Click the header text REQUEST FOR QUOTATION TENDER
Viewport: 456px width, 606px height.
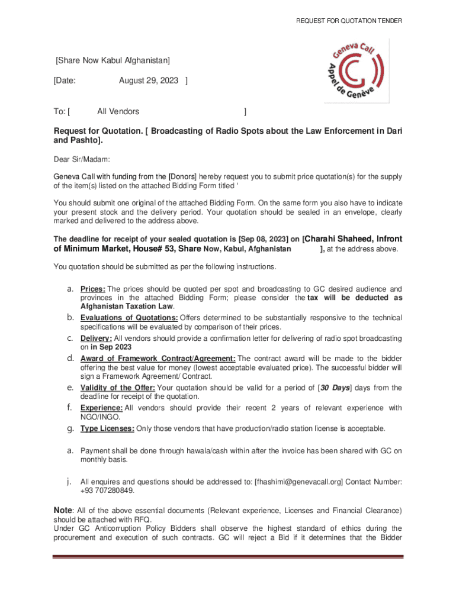point(349,21)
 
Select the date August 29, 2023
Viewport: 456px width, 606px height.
point(148,81)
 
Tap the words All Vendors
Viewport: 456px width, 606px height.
point(118,111)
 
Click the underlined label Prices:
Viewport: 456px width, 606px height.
point(93,289)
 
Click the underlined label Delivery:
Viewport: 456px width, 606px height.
point(96,339)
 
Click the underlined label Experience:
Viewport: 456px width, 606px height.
point(101,408)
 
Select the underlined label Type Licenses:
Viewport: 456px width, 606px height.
point(107,428)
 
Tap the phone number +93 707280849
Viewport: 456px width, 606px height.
point(107,491)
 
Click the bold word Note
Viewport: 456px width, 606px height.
point(63,510)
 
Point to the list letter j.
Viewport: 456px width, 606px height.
point(69,482)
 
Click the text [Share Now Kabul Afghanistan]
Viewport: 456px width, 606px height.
point(113,60)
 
